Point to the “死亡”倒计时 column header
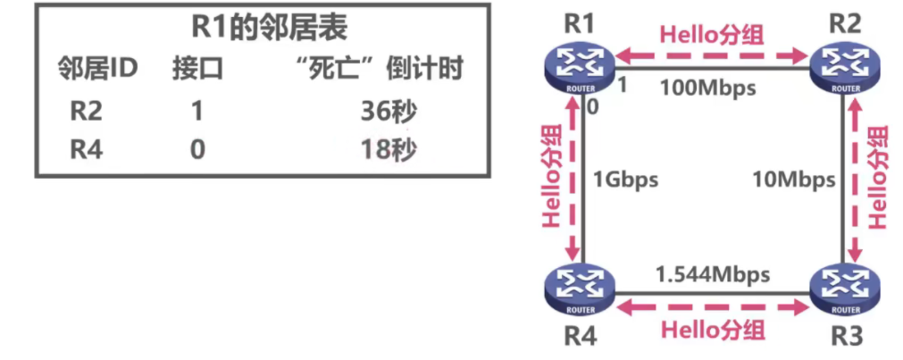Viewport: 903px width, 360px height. (383, 69)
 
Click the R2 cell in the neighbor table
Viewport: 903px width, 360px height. (87, 111)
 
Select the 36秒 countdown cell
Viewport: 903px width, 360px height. (385, 111)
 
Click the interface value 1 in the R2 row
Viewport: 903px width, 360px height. (196, 111)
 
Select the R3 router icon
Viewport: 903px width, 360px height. (844, 291)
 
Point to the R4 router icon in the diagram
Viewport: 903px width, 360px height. (581, 291)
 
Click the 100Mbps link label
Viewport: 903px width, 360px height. (708, 88)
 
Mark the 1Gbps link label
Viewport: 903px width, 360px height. (625, 180)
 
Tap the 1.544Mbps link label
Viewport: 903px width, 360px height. (712, 273)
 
